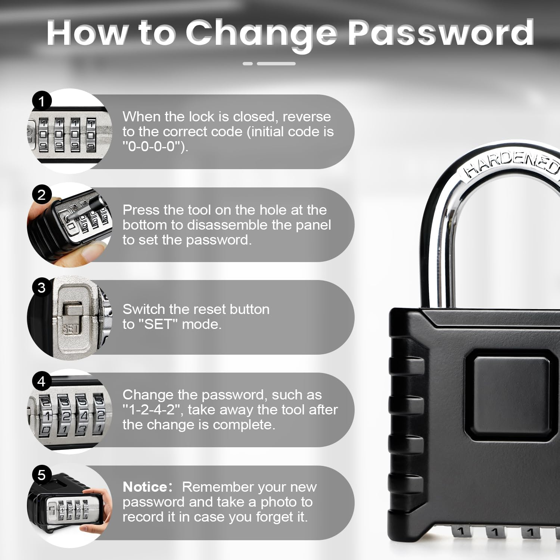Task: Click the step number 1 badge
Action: point(41,101)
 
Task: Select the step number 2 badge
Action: point(41,195)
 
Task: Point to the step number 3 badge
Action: point(41,288)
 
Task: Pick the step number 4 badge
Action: point(41,381)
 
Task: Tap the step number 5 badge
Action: point(41,475)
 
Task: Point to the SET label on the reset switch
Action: point(70,329)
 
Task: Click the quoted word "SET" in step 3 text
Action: point(158,324)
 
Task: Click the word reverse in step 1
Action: point(307,116)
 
